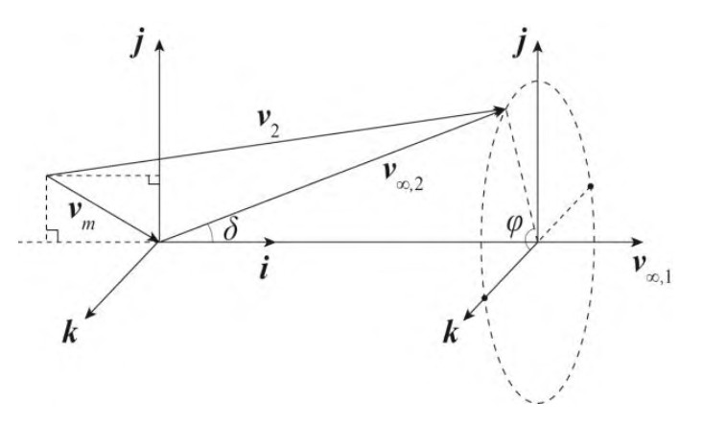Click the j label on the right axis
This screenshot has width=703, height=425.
[519, 46]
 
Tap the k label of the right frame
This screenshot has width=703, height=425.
[451, 333]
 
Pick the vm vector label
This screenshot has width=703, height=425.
[82, 214]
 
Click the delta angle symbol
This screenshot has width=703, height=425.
[230, 230]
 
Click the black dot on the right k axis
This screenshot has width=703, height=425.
[484, 297]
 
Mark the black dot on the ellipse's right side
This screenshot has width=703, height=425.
[591, 185]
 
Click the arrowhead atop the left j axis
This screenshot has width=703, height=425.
[159, 45]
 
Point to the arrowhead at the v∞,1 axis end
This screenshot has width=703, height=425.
[637, 242]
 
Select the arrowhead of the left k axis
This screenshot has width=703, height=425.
[89, 315]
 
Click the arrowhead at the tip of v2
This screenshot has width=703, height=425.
[499, 110]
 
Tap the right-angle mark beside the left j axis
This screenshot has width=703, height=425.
[153, 180]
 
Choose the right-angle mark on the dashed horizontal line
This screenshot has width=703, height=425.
[52, 236]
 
